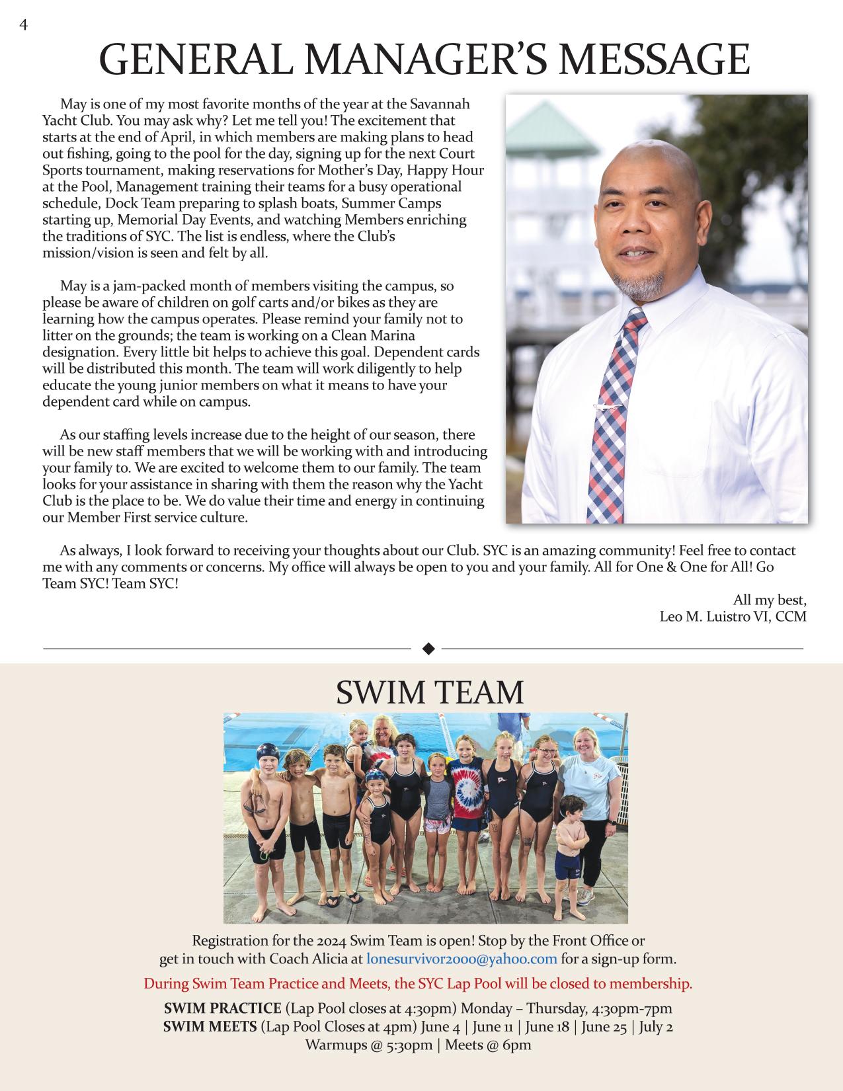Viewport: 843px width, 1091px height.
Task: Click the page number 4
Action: point(24,25)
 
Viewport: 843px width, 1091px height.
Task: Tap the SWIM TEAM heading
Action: point(429,692)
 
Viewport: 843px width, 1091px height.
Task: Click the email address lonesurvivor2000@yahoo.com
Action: point(462,959)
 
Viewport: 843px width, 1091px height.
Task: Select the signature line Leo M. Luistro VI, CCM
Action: point(733,617)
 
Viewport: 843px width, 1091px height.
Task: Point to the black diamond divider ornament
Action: point(428,649)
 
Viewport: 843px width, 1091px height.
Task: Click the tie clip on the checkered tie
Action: point(607,407)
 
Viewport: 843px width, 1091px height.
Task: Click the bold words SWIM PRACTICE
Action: point(222,1008)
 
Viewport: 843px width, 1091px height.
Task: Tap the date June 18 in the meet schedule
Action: point(545,1027)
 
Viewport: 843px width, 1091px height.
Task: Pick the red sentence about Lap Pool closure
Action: point(418,984)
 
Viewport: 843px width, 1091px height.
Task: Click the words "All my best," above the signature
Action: point(770,600)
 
